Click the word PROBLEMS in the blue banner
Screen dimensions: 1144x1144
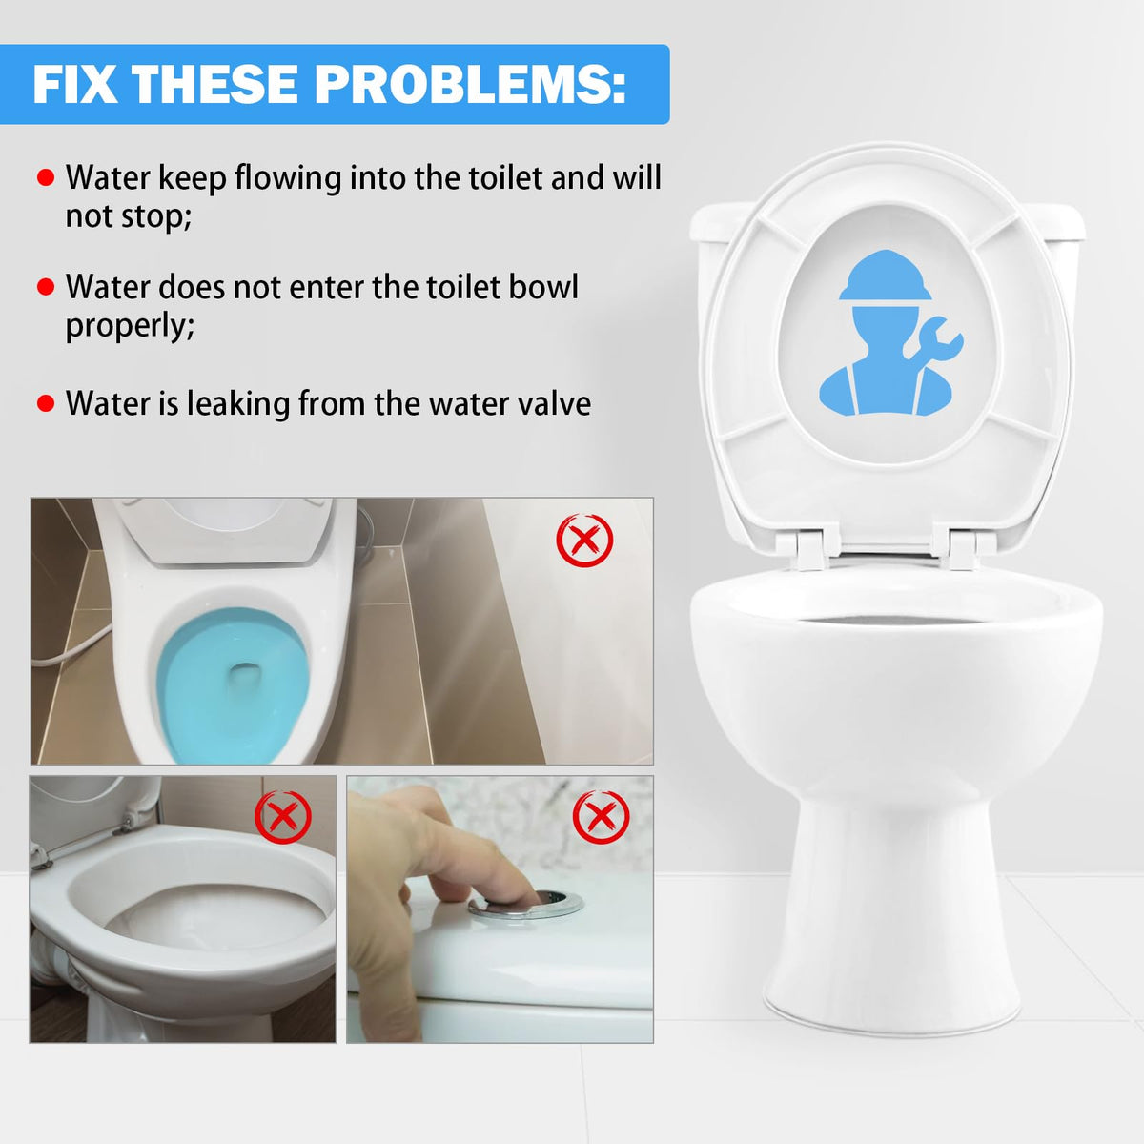tap(470, 84)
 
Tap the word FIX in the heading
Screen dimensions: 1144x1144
tap(74, 84)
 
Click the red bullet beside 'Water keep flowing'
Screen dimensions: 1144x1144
tap(46, 177)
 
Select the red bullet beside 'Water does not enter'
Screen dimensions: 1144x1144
tap(46, 287)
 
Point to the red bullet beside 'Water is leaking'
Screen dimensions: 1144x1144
tap(46, 403)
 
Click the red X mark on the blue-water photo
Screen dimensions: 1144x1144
tap(584, 541)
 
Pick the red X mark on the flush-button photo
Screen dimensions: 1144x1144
tap(601, 817)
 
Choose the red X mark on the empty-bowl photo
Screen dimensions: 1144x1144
tap(283, 817)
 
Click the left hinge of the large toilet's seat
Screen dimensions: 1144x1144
tap(809, 547)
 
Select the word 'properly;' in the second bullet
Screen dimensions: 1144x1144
tap(130, 326)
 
